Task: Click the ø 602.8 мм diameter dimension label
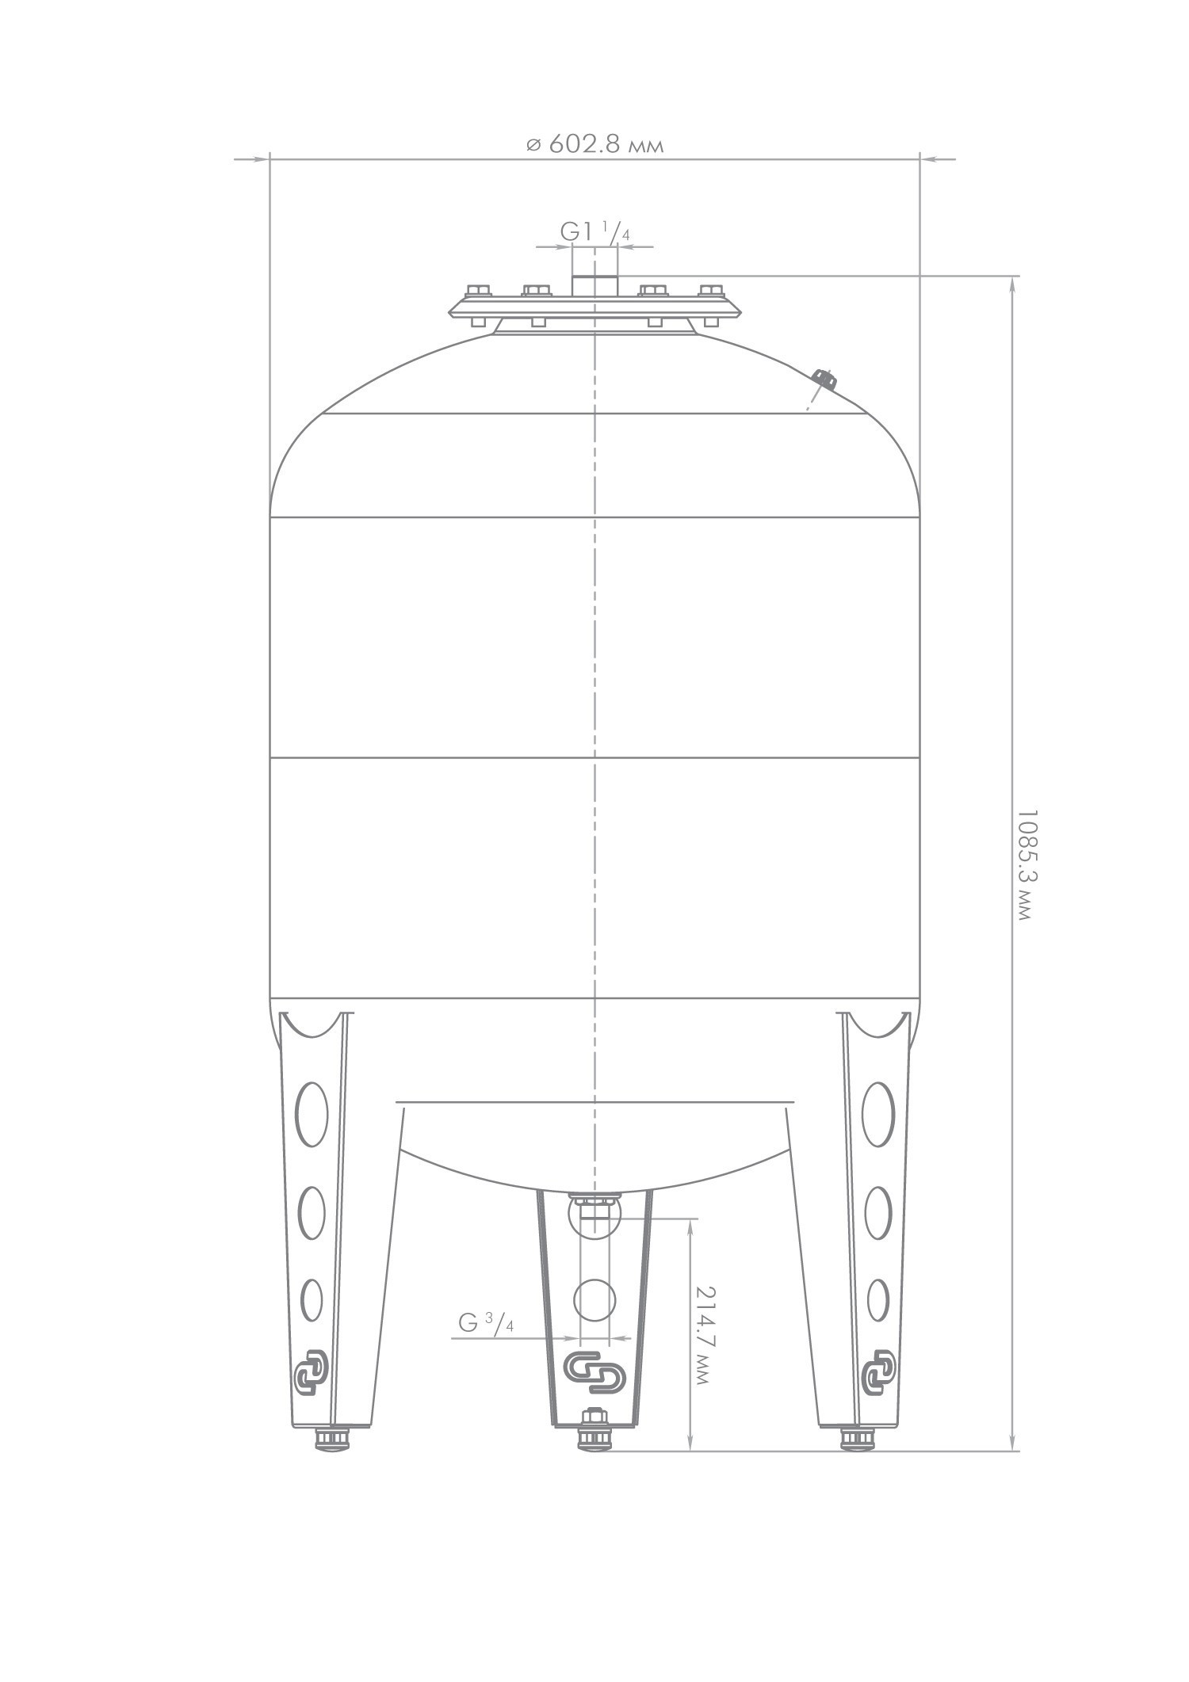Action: [x=594, y=144]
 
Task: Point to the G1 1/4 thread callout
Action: [x=595, y=231]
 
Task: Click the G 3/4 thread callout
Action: [x=486, y=1322]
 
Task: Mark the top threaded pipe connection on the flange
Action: [x=595, y=284]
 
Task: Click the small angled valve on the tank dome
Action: [x=825, y=379]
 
